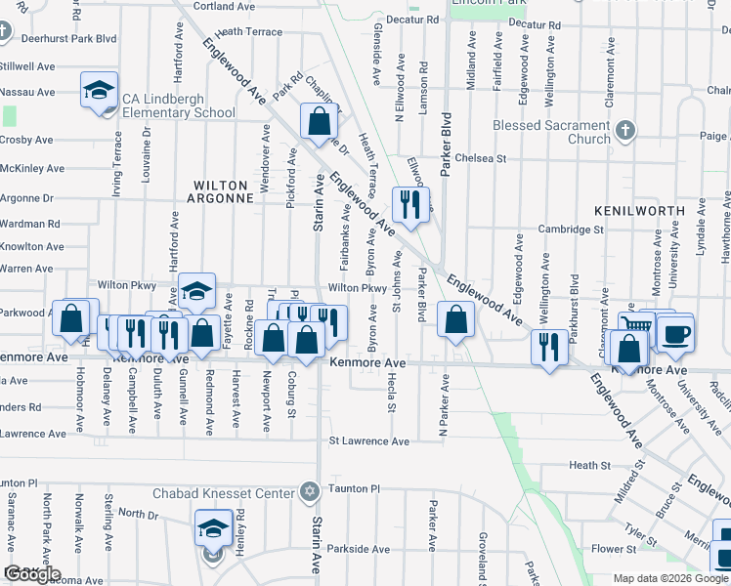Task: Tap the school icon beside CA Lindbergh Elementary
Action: pyautogui.click(x=99, y=92)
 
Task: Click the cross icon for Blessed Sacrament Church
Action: pyautogui.click(x=626, y=130)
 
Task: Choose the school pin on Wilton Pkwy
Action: pyautogui.click(x=196, y=291)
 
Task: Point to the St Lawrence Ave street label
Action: pyautogui.click(x=367, y=441)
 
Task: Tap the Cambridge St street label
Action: pyautogui.click(x=572, y=230)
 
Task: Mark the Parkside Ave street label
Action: pyautogui.click(x=360, y=549)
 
